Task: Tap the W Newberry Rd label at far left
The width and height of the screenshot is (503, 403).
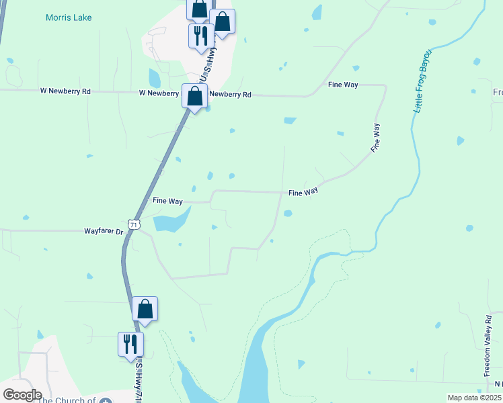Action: tap(65, 91)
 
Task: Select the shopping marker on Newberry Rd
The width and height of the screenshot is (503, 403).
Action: tap(194, 97)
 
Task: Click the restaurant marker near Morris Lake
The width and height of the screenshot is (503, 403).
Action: tap(200, 36)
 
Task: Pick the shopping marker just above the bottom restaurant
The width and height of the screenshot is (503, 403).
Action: tap(145, 309)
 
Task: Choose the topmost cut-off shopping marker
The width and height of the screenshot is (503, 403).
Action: tap(199, 9)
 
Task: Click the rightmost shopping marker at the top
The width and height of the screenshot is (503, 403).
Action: tap(223, 21)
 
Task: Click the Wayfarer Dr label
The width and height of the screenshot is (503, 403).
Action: tap(104, 231)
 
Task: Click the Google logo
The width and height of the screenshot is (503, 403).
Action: tap(22, 394)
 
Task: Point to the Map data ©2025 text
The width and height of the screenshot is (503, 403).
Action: tap(473, 398)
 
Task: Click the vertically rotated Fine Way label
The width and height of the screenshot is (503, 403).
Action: tap(375, 137)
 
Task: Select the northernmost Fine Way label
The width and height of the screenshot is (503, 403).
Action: tap(342, 85)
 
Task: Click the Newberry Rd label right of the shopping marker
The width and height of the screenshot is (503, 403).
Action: tap(230, 95)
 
